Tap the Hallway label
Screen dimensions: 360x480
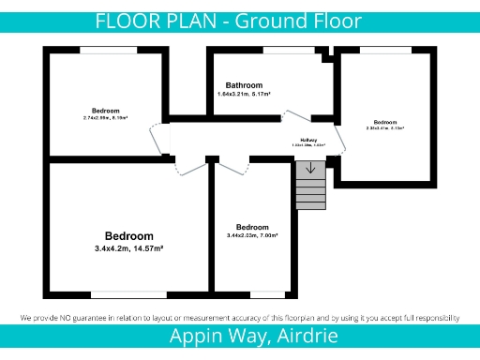308,139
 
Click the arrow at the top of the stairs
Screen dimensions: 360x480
310,169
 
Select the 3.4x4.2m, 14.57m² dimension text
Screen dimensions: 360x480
129,248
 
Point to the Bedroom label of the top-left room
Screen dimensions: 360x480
106,111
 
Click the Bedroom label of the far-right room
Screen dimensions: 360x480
385,122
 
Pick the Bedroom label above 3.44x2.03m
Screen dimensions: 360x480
252,227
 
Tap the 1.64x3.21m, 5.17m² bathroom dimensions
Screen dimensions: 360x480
244,95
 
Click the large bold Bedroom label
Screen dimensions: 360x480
129,235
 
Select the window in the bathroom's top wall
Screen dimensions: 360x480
288,50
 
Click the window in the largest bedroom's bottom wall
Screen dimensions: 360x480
128,294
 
